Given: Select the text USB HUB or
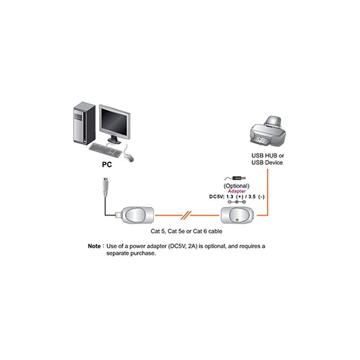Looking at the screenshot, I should [267, 155].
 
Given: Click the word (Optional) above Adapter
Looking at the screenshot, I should [237, 185].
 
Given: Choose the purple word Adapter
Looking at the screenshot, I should [237, 191].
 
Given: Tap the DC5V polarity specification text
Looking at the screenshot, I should [237, 196].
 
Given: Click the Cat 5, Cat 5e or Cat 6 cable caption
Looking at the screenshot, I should [186, 231].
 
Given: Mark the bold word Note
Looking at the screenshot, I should [94, 247].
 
